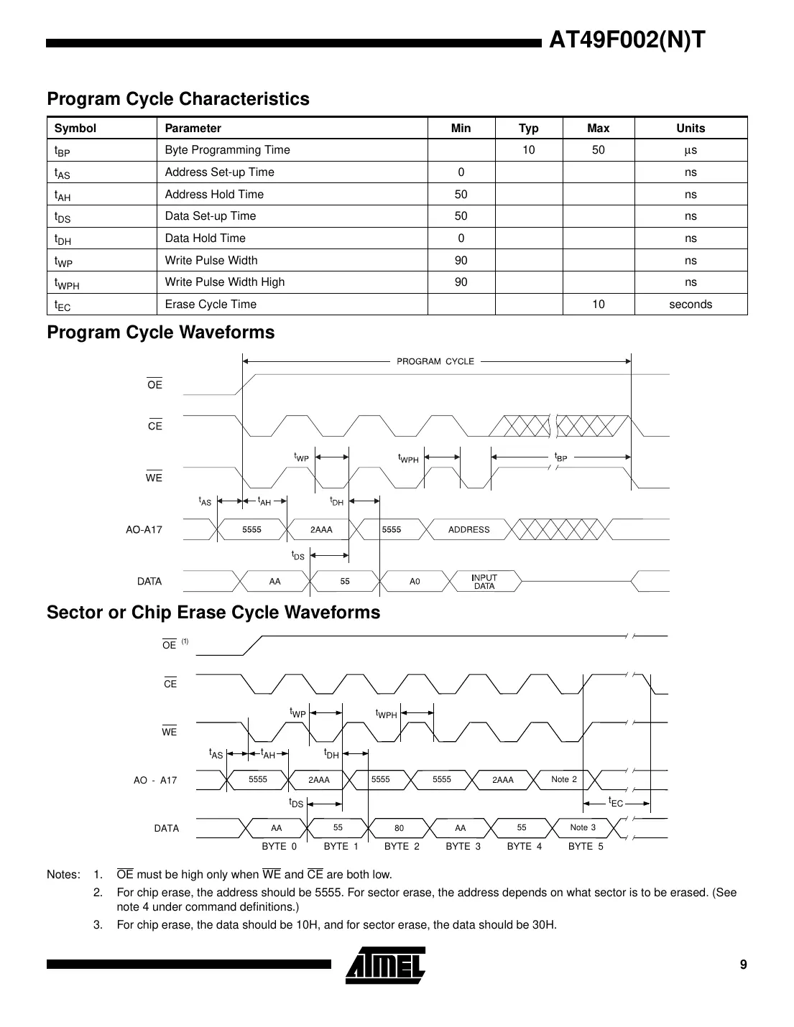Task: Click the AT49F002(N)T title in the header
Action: point(627,39)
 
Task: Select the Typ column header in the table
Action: point(528,129)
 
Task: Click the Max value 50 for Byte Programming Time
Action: point(598,150)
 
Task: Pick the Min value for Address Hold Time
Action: point(461,195)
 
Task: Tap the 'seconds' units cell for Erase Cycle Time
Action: point(690,305)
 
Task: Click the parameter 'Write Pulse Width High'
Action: point(224,282)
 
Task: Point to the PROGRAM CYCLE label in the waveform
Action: point(435,361)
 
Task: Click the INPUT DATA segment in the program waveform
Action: point(484,582)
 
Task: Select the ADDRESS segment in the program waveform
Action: point(468,530)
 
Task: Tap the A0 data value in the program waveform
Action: point(415,582)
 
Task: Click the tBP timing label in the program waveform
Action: point(560,457)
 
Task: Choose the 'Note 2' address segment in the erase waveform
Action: point(563,779)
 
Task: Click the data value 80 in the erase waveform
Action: point(399,828)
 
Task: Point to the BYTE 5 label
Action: point(586,847)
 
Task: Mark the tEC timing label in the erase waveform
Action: point(616,801)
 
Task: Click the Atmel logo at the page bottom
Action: point(385,965)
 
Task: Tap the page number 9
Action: point(743,965)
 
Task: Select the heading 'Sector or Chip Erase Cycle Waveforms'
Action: point(213,613)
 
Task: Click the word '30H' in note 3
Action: point(544,924)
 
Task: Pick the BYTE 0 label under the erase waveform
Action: point(279,847)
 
